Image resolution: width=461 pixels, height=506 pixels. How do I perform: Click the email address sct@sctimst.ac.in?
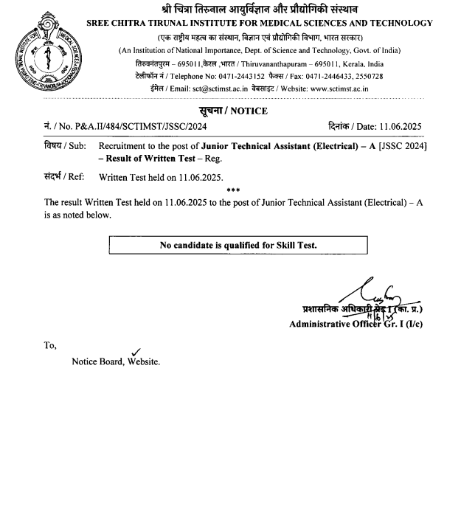click(x=215, y=89)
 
